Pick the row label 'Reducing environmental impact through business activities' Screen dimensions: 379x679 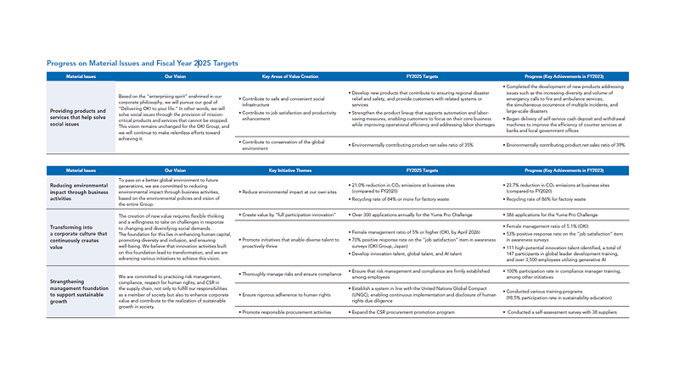pyautogui.click(x=83, y=191)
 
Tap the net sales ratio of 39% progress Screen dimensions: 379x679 pyautogui.click(x=577, y=146)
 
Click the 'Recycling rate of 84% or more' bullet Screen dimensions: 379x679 pyautogui.click(x=399, y=198)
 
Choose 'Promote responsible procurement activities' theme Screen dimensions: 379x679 pyautogui.click(x=288, y=313)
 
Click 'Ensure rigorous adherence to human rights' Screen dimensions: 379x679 pyautogui.click(x=286, y=294)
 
